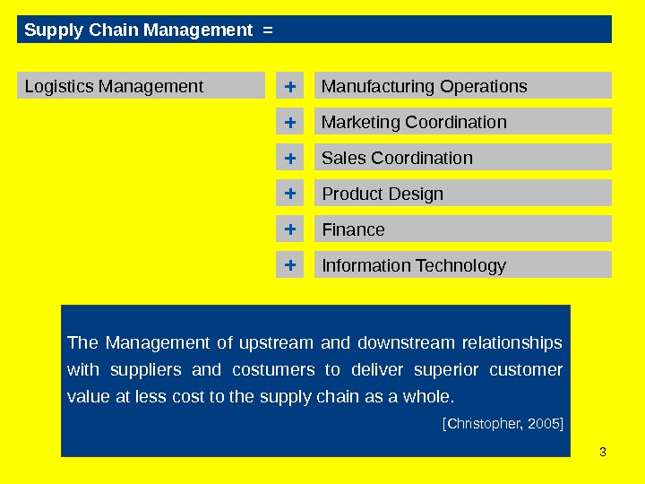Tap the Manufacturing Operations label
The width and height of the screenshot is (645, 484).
click(x=424, y=86)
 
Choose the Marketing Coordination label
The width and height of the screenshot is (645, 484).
click(x=414, y=122)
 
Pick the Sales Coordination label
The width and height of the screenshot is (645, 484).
click(x=397, y=158)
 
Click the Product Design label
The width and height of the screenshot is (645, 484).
click(x=383, y=194)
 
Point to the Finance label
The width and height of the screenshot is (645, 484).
click(x=353, y=229)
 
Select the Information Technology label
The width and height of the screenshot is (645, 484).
click(x=414, y=265)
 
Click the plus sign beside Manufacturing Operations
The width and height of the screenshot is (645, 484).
click(x=289, y=86)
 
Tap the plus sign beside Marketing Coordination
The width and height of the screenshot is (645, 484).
click(x=289, y=122)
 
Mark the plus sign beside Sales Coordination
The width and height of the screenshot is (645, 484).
click(x=289, y=158)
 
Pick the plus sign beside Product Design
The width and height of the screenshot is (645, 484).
click(x=289, y=194)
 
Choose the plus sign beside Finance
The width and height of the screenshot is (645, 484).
click(x=289, y=229)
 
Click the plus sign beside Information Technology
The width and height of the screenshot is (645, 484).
click(x=289, y=265)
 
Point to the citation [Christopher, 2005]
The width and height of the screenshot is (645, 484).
click(x=503, y=421)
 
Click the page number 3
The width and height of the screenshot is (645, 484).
click(x=602, y=451)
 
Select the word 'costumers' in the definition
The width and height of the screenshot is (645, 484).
click(x=273, y=370)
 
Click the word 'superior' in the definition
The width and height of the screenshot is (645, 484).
click(x=452, y=370)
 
